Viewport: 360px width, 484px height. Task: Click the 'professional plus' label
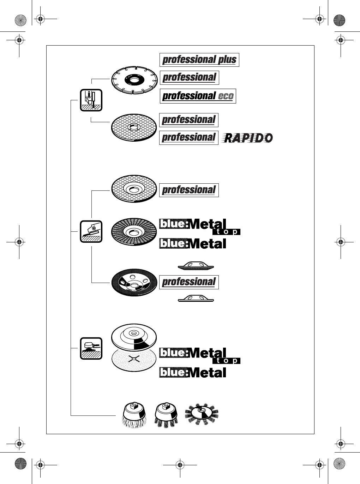[x=199, y=59]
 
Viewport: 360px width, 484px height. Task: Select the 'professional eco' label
[x=198, y=96]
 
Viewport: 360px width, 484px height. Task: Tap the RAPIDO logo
[x=247, y=137]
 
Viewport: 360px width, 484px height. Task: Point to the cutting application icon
[x=91, y=100]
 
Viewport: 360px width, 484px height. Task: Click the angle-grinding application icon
[x=91, y=231]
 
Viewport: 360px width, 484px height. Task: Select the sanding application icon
[x=91, y=348]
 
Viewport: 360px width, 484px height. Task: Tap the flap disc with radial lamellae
[x=134, y=232]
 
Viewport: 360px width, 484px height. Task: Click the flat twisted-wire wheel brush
[x=202, y=414]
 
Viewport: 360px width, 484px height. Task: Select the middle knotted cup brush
[x=166, y=415]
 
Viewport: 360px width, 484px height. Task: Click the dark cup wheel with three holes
[x=134, y=283]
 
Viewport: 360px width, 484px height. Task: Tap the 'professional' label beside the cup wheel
[x=189, y=282]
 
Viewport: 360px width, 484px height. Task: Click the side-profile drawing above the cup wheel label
[x=196, y=266]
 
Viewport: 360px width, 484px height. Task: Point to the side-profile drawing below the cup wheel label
[x=196, y=299]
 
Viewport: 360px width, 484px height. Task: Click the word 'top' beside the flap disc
[x=226, y=232]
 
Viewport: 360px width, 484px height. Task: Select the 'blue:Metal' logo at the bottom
[x=193, y=372]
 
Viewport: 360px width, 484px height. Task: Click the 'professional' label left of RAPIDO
[x=189, y=137]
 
